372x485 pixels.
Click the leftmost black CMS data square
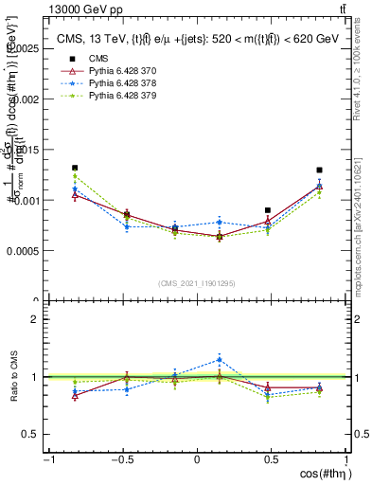tap(74, 168)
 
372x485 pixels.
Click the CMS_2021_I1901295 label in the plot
tap(197, 283)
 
